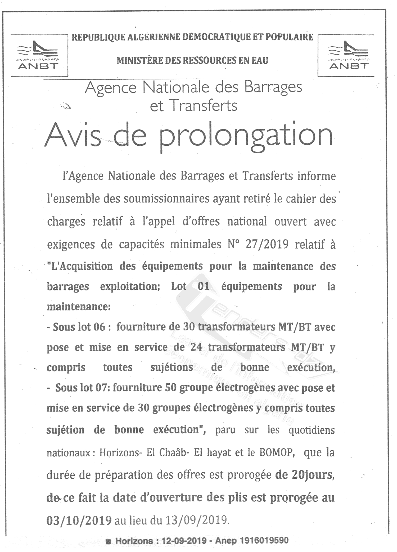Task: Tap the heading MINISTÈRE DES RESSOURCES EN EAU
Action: [192, 61]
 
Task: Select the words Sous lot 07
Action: [83, 388]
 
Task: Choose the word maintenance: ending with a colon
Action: [79, 307]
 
